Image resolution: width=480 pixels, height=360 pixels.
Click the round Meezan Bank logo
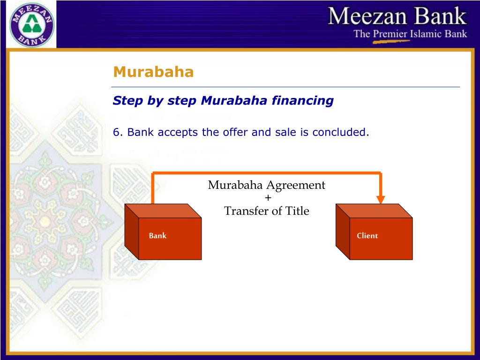click(32, 24)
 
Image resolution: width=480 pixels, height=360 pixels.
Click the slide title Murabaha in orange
click(153, 72)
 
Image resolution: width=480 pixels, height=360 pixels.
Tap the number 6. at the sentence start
click(118, 132)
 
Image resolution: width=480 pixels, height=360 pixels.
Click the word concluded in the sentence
click(341, 132)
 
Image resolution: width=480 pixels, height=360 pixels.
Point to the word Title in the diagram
click(298, 211)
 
